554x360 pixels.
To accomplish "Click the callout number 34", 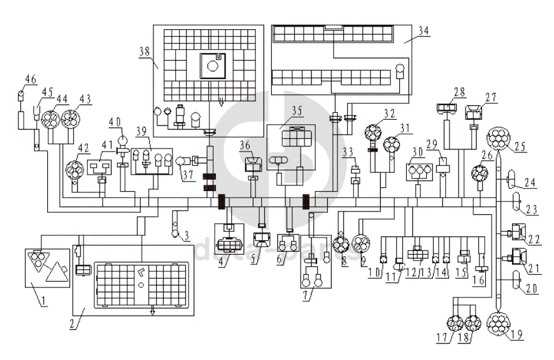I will tap(423, 29).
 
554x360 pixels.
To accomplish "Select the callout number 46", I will tap(29, 79).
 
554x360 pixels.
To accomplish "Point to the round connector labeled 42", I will tap(76, 169).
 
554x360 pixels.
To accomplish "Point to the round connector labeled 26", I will tap(478, 173).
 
